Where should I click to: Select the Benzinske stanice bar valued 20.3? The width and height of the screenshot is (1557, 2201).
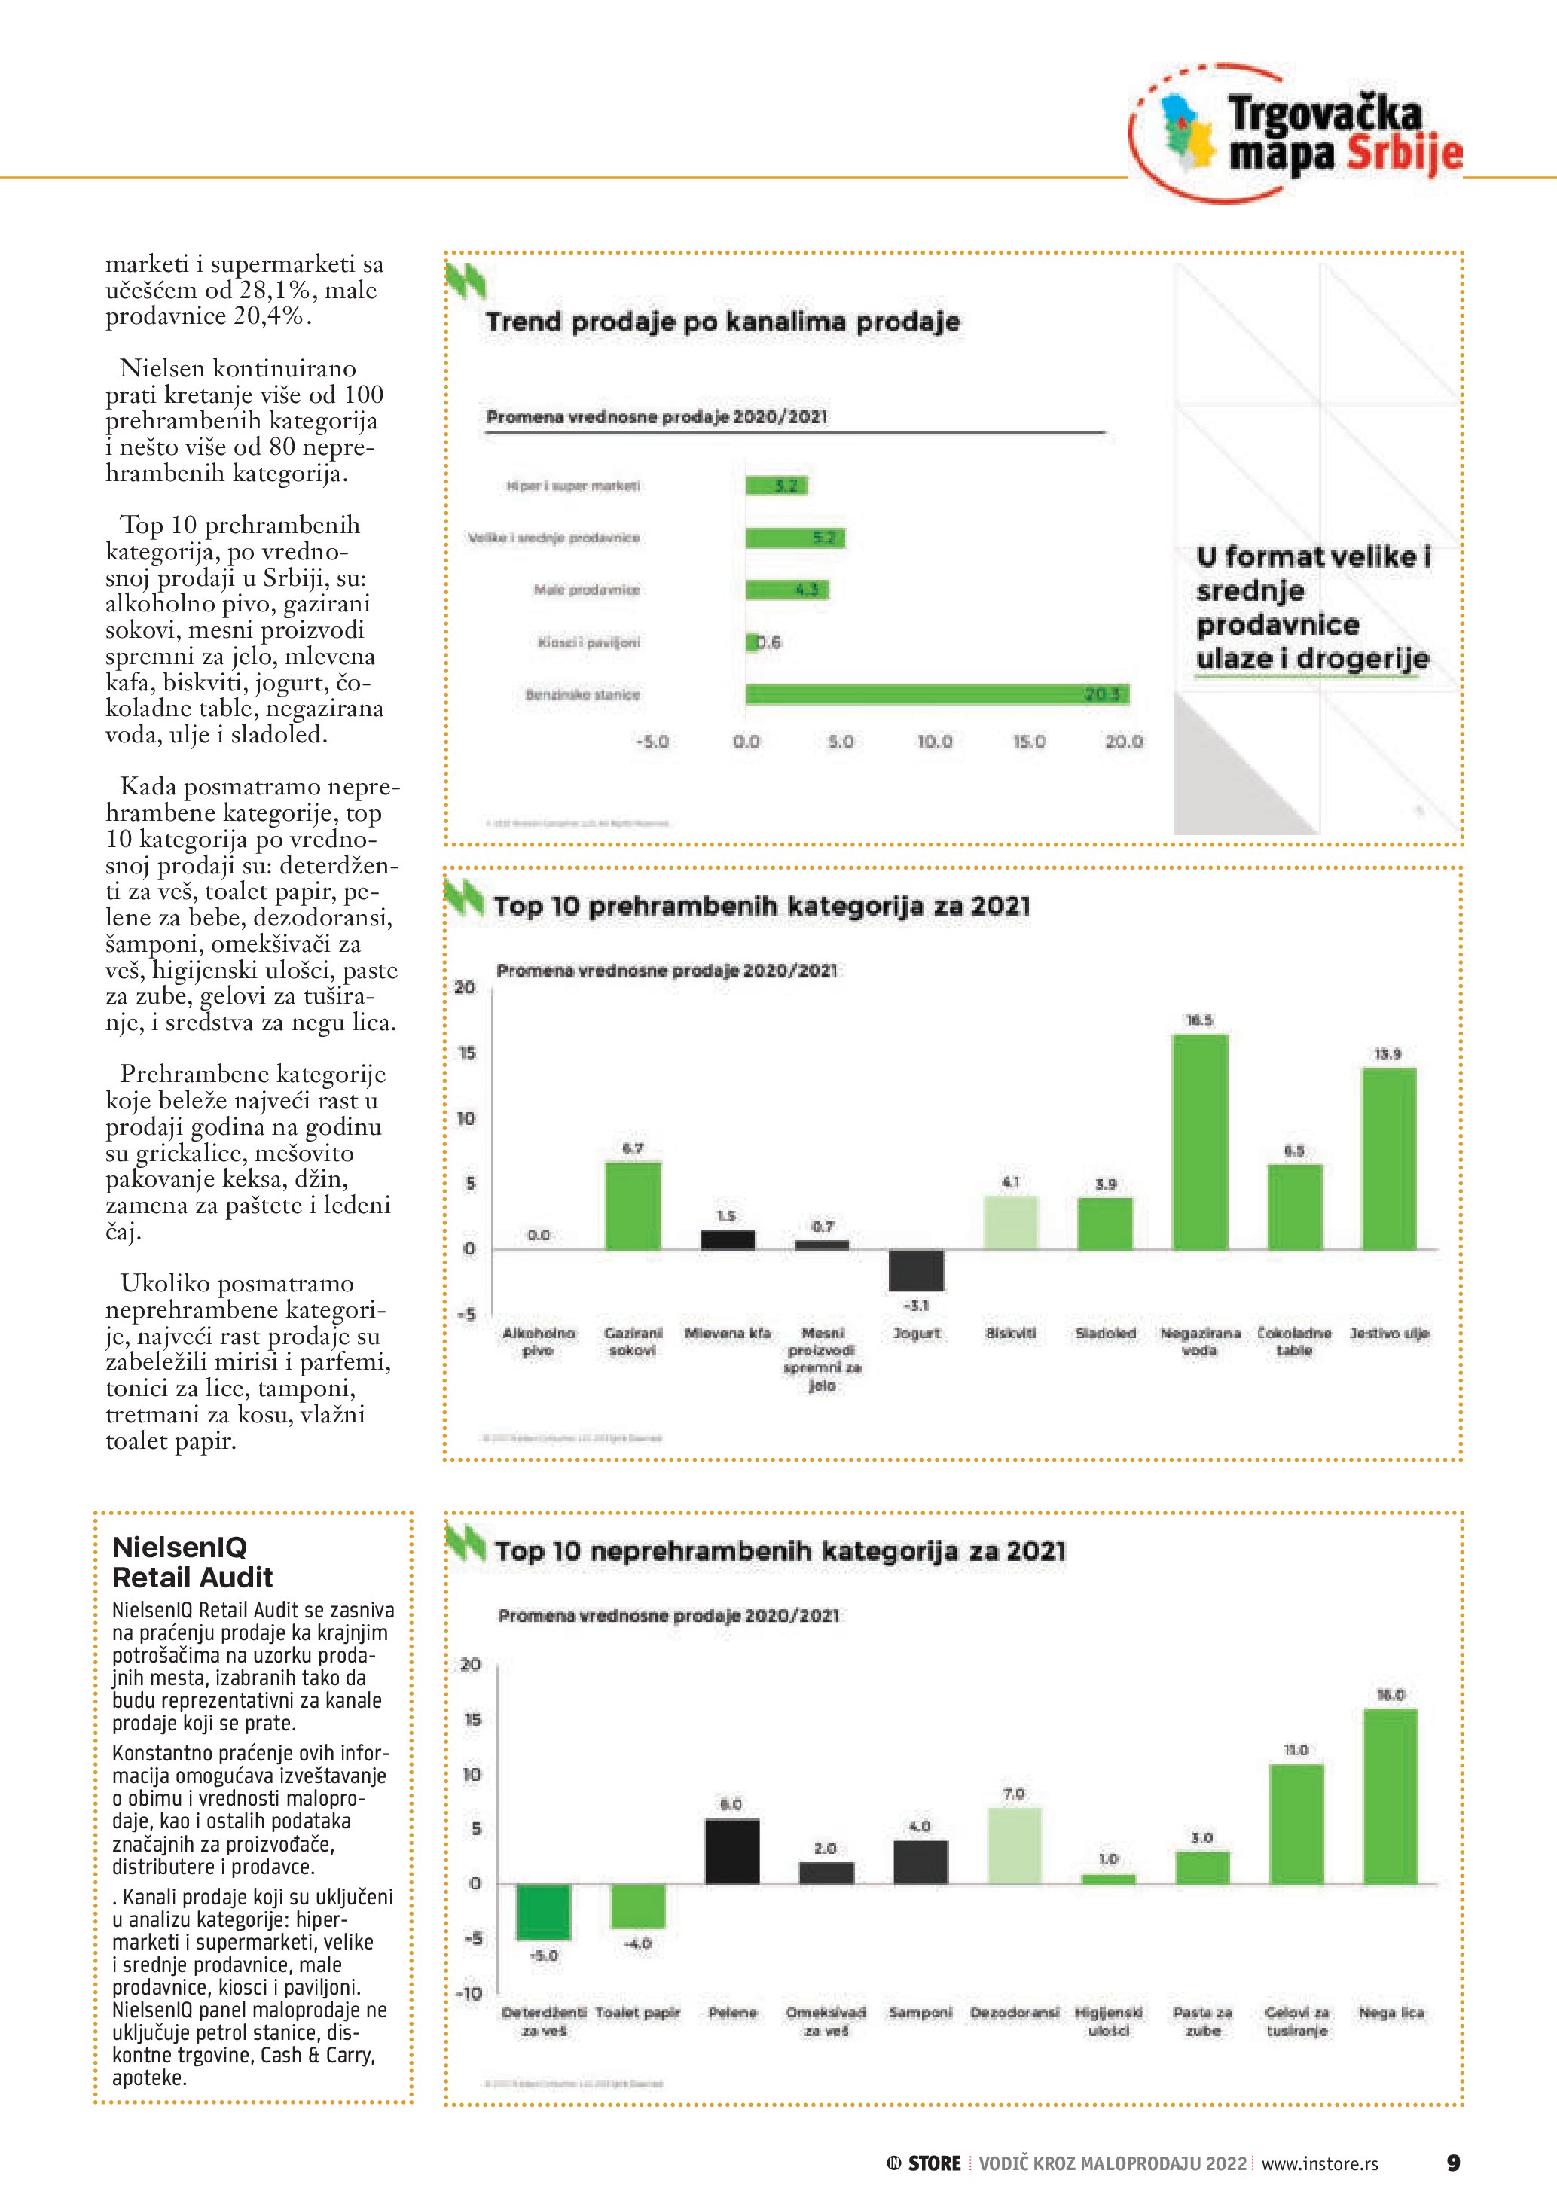937,694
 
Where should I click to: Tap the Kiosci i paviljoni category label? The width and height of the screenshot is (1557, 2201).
588,642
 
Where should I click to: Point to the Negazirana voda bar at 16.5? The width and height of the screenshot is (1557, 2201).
1199,1141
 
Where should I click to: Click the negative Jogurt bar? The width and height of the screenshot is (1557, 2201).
916,1270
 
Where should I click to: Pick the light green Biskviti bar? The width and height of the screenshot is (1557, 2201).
1011,1222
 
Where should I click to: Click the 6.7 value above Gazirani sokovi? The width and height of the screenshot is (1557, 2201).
633,1148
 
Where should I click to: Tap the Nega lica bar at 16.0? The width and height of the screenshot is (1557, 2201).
1391,1795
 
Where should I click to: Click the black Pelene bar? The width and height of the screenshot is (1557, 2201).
731,1851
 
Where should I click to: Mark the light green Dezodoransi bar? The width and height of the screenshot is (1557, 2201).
1015,1846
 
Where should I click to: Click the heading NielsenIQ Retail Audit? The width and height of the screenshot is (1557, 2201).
193,1562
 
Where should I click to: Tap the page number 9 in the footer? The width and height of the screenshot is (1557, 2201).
1452,2163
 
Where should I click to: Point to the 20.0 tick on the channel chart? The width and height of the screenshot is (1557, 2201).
1124,742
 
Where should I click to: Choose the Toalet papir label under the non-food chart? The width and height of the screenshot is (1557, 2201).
637,2012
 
